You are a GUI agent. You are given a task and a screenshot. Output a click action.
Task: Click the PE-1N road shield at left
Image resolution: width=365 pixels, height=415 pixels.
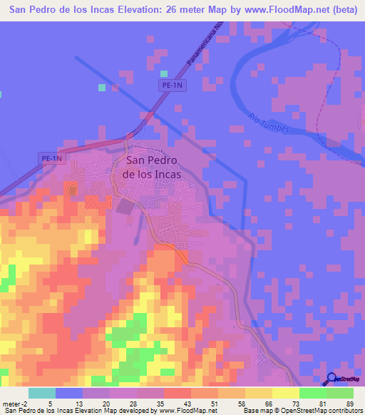(x=51, y=158)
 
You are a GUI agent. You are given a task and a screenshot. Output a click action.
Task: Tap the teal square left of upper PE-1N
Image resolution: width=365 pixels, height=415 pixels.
(x=101, y=87)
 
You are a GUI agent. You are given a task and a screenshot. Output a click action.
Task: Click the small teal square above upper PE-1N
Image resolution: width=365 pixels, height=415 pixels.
(x=164, y=73)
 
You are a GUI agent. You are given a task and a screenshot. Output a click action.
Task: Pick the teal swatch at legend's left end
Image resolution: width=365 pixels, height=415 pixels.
(x=42, y=393)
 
